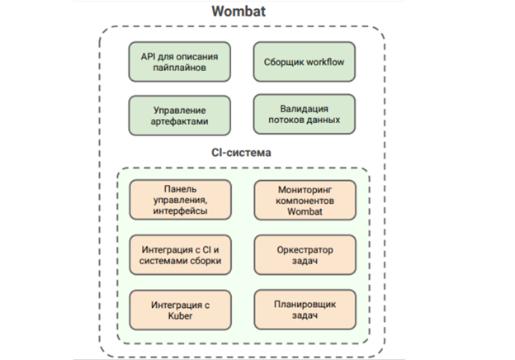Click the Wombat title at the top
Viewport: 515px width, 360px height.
239,12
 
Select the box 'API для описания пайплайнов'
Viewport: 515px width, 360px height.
180,62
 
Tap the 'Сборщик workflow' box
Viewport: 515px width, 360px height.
305,62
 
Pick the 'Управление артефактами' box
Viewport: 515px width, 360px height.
180,116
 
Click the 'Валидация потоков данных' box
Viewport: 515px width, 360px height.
305,114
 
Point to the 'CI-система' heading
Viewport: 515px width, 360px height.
241,153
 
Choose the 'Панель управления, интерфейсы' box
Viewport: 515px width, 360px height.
180,200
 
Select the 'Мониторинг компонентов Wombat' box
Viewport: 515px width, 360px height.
305,201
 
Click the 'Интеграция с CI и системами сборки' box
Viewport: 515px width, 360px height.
180,255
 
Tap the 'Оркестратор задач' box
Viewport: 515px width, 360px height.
305,255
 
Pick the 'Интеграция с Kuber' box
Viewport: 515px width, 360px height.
180,310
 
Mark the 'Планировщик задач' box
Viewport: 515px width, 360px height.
305,310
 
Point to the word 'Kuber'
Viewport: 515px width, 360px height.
180,316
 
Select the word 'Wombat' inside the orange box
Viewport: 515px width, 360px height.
305,211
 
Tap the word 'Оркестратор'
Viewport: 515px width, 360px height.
305,250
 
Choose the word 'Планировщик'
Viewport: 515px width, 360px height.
305,305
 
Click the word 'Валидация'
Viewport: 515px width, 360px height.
305,109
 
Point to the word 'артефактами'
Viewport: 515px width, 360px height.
180,121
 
